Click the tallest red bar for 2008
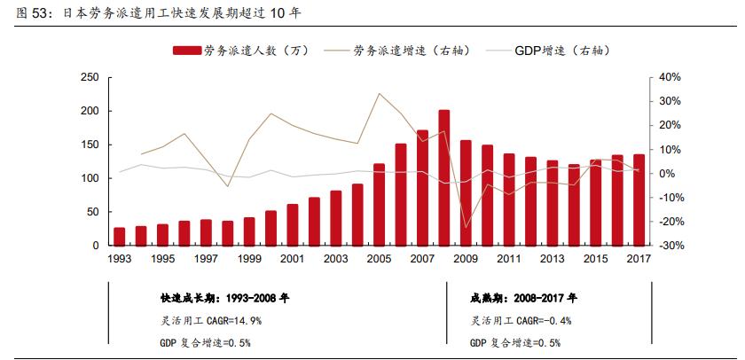(x=444, y=177)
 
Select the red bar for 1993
(x=120, y=236)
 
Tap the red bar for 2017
(x=639, y=200)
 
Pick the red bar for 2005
(x=380, y=204)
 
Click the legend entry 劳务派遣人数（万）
(x=239, y=51)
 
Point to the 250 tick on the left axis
(x=89, y=78)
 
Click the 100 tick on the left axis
(x=89, y=178)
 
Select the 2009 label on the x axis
(x=466, y=259)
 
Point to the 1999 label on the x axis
(x=249, y=259)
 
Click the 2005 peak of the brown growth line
(x=380, y=93)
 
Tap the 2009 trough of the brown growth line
(x=466, y=228)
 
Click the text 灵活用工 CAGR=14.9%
(x=211, y=320)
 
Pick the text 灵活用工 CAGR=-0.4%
(x=521, y=320)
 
